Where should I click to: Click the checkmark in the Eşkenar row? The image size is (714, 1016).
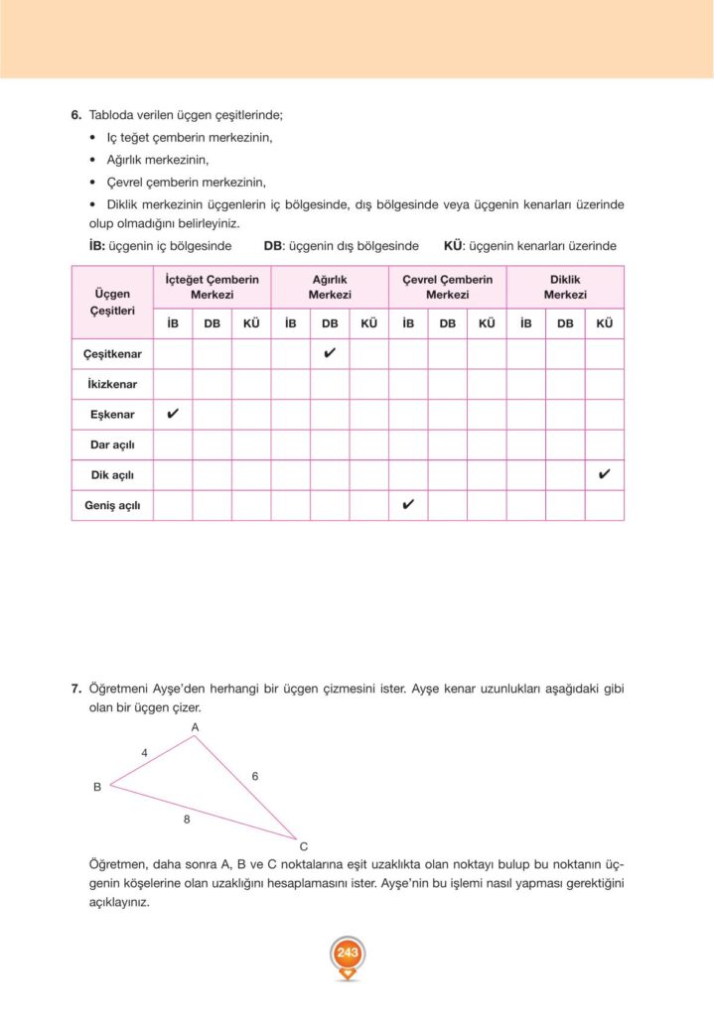[173, 414]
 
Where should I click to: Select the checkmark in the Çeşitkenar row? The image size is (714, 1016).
[330, 352]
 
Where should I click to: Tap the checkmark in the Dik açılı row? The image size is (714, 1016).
[604, 474]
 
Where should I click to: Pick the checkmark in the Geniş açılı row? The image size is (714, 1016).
[408, 505]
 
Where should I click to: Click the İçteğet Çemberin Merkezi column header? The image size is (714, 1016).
[212, 288]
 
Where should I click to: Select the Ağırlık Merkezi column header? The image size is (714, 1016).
[330, 288]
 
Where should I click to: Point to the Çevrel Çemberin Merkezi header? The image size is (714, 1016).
[447, 288]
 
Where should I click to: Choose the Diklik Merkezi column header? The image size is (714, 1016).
[565, 288]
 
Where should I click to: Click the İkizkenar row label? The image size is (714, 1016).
[112, 384]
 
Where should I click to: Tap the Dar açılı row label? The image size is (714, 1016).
[112, 444]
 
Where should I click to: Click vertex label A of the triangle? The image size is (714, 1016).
[196, 727]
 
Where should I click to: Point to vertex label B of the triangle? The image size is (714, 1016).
[97, 787]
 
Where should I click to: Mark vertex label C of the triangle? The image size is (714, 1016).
[303, 846]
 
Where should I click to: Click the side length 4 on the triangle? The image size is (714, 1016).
[144, 753]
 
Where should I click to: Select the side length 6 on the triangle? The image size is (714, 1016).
[255, 776]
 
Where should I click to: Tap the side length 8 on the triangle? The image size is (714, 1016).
[187, 820]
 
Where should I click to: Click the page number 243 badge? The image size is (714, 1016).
[347, 953]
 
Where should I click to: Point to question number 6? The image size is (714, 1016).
[75, 116]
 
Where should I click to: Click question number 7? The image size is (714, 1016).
[75, 688]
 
